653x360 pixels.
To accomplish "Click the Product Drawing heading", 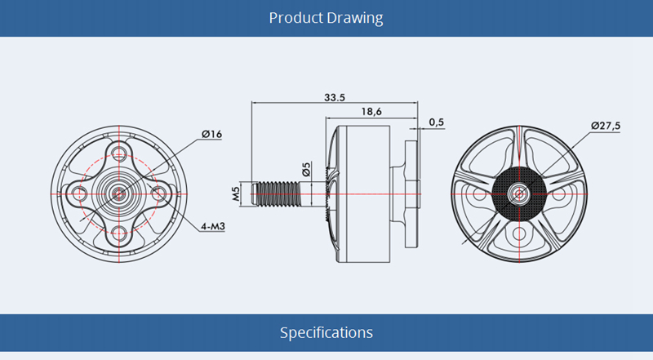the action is tap(326, 18).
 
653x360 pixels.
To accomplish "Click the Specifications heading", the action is tap(326, 332).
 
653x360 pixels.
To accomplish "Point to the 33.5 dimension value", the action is tap(335, 97).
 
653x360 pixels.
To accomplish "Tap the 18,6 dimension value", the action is tap(371, 112).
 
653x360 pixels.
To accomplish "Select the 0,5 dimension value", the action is tap(437, 122).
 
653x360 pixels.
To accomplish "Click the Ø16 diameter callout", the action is tap(212, 134).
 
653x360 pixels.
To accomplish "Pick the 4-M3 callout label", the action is tap(213, 226).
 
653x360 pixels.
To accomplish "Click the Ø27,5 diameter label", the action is tap(606, 126).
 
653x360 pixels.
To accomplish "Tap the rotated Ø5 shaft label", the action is tap(307, 170).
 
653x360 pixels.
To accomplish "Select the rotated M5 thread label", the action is tap(236, 193).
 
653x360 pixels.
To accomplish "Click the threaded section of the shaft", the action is tap(277, 194).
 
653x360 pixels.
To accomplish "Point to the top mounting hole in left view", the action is tap(119, 151).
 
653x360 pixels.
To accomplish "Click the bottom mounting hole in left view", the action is tap(119, 234).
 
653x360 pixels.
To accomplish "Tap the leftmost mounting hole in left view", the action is tap(79, 193).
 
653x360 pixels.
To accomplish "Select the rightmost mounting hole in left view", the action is tap(158, 193).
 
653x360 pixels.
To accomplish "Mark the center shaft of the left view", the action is tap(119, 193).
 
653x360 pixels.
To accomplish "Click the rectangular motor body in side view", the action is tap(363, 194).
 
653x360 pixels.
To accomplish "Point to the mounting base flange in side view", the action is tap(411, 194).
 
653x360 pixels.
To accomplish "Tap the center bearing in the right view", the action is tap(519, 193).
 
